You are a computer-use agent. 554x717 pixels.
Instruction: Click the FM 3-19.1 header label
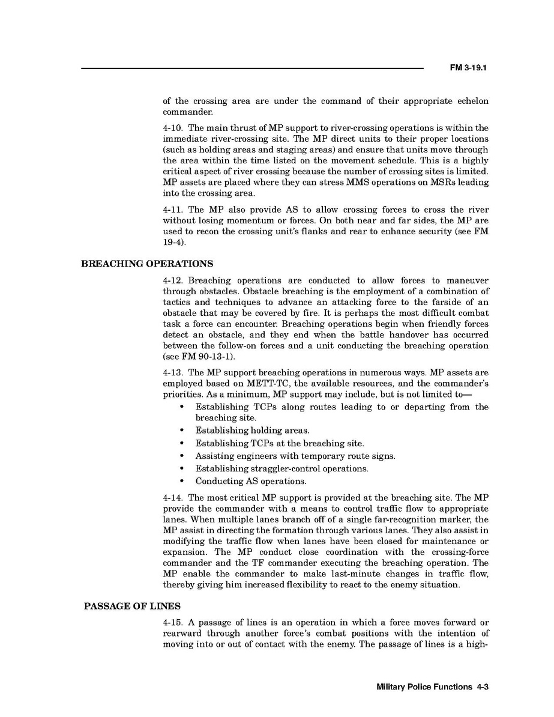pyautogui.click(x=468, y=68)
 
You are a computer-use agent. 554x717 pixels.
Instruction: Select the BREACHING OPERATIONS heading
pyautogui.click(x=147, y=264)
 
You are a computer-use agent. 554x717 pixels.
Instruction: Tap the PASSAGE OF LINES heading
pyautogui.click(x=132, y=606)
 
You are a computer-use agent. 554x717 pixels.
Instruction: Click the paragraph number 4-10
pyautogui.click(x=173, y=128)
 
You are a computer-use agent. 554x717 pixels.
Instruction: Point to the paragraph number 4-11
pyautogui.click(x=173, y=210)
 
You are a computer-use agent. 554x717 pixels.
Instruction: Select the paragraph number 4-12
pyautogui.click(x=173, y=280)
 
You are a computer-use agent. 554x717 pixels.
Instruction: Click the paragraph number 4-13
pyautogui.click(x=173, y=373)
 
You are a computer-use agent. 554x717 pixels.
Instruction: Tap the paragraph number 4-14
pyautogui.click(x=173, y=498)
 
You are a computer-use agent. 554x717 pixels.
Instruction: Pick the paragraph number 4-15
pyautogui.click(x=173, y=623)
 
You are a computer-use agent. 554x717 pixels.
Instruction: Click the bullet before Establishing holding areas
pyautogui.click(x=181, y=431)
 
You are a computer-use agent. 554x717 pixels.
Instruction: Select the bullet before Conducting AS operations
pyautogui.click(x=181, y=481)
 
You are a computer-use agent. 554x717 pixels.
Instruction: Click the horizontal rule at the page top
pyautogui.click(x=252, y=68)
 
